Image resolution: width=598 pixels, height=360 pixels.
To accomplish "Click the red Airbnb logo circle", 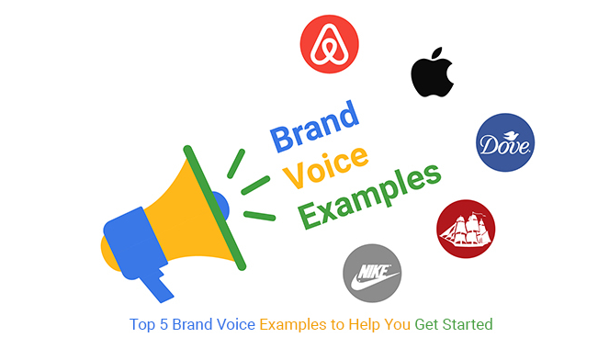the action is tap(330, 44).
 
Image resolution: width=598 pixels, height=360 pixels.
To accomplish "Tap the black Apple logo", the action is tap(432, 73).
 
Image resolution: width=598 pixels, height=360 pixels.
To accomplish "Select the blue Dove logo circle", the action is tap(505, 142).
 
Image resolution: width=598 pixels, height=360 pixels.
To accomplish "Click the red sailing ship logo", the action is tap(466, 229).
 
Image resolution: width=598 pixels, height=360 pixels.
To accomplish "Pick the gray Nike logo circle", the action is tap(372, 273).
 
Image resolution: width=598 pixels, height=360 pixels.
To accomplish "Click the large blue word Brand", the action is tap(315, 126).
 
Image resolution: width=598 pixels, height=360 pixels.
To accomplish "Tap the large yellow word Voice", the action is tap(326, 167).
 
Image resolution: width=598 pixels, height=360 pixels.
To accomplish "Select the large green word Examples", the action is tap(369, 197).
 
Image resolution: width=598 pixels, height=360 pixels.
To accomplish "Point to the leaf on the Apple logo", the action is tap(437, 53).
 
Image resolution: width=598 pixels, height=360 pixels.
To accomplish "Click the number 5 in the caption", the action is tap(164, 324).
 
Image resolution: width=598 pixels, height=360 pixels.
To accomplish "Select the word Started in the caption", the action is tap(468, 324).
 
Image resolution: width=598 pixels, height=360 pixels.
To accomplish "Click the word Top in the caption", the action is tap(142, 325).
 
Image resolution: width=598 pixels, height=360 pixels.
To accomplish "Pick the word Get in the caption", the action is tap(426, 324).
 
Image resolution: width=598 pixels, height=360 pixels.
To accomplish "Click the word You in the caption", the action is tap(397, 324).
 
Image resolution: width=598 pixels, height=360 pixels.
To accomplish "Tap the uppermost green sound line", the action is tap(236, 163).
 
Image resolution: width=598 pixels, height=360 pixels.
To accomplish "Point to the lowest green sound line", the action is tap(259, 216).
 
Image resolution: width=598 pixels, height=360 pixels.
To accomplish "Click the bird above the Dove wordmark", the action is tap(511, 135).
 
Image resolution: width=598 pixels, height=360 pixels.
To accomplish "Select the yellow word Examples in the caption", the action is tap(293, 325).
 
